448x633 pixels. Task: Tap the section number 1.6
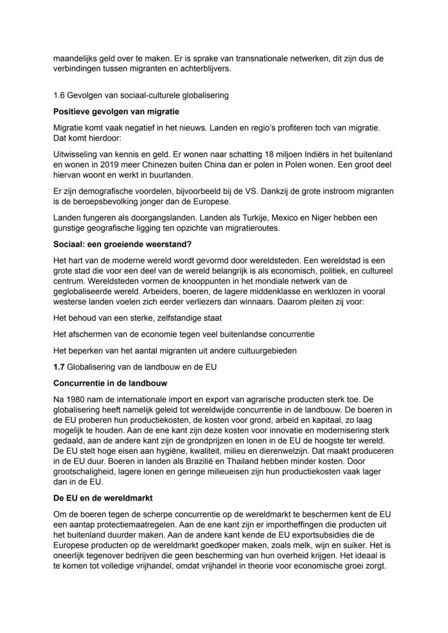[x=60, y=95]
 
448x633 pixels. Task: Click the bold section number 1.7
[x=59, y=367]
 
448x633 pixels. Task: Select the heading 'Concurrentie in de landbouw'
[x=110, y=383]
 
